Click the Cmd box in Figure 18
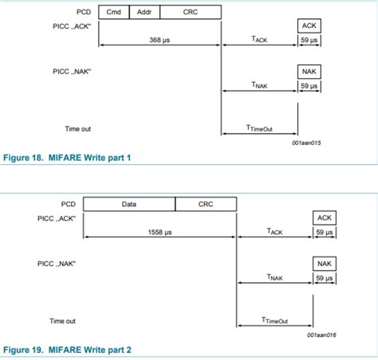pos(113,12)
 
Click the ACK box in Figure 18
pos(309,26)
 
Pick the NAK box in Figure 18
pos(309,71)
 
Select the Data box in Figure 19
pos(129,205)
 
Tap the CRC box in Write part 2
pos(206,205)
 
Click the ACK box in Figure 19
pos(325,218)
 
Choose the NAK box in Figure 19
pos(325,264)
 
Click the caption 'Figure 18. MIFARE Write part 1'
pos(67,158)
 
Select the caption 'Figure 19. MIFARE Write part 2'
pos(67,350)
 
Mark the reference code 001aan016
pos(321,335)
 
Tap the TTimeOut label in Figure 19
pos(274,320)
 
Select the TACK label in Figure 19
pos(274,232)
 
